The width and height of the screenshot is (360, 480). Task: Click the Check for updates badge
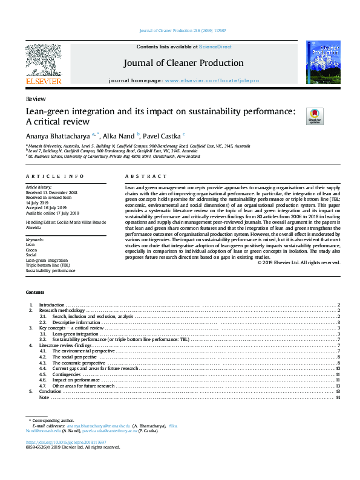[x=298, y=115]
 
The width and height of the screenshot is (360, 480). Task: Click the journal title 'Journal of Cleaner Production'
[x=183, y=63]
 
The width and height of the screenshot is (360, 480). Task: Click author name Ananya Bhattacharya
[x=58, y=135]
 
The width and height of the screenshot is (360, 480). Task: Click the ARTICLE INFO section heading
[x=54, y=176]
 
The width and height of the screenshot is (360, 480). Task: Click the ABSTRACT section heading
[x=146, y=176]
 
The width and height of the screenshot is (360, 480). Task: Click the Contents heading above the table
[x=35, y=293]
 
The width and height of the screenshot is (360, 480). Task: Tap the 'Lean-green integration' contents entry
[x=75, y=334]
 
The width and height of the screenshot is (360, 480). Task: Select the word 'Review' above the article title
[x=33, y=98]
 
